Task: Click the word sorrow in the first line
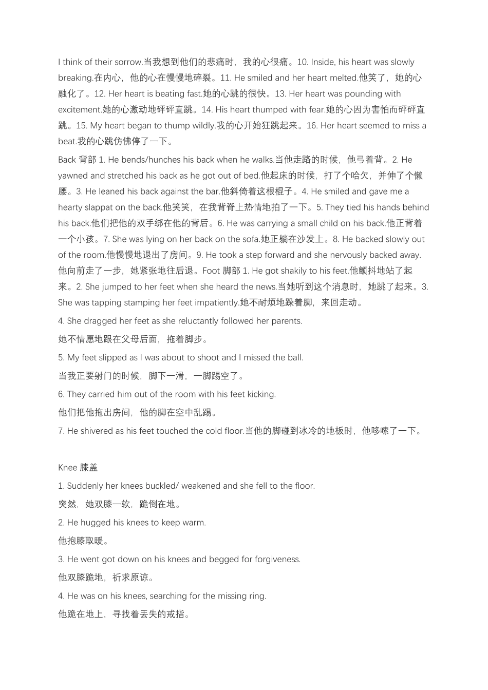(128, 62)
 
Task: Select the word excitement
(80, 110)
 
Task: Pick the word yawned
(73, 176)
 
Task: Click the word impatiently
(216, 303)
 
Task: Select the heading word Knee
(67, 468)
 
